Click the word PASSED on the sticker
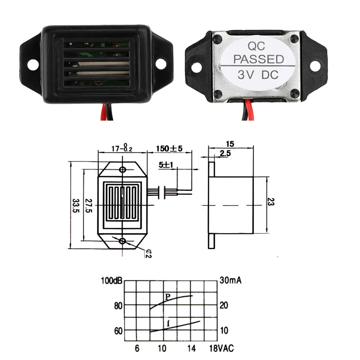[258, 59]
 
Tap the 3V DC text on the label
[258, 75]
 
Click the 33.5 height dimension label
[75, 206]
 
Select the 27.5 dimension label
[89, 206]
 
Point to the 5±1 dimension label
[167, 165]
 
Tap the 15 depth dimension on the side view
[230, 144]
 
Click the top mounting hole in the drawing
[123, 170]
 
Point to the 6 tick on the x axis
[137, 348]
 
